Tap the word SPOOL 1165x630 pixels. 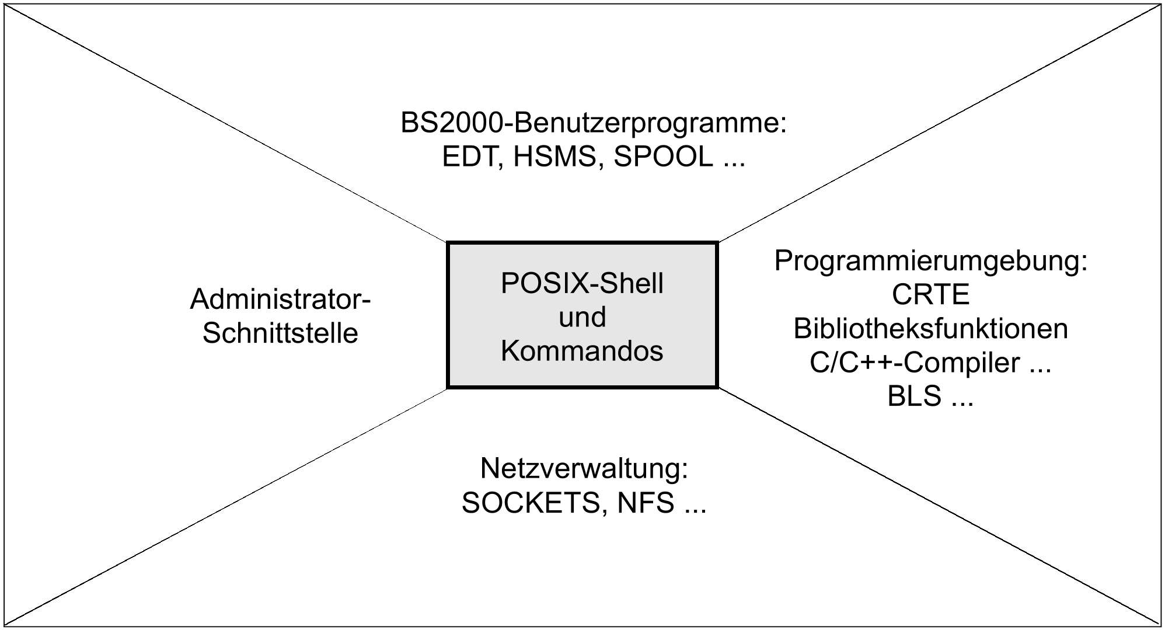coord(663,157)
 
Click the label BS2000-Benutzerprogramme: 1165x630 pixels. coord(594,123)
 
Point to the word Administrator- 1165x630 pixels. coord(281,300)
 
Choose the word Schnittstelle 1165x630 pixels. coord(280,333)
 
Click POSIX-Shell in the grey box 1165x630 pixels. coord(582,283)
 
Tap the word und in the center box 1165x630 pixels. coord(582,317)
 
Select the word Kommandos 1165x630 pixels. coord(582,351)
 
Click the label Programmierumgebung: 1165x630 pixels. coord(931,260)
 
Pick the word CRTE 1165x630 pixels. coord(930,294)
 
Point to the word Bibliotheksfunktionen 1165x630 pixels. coord(930,329)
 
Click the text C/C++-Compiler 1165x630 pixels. coord(914,363)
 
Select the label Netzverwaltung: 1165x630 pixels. coord(584,468)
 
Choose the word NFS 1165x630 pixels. coord(646,503)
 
